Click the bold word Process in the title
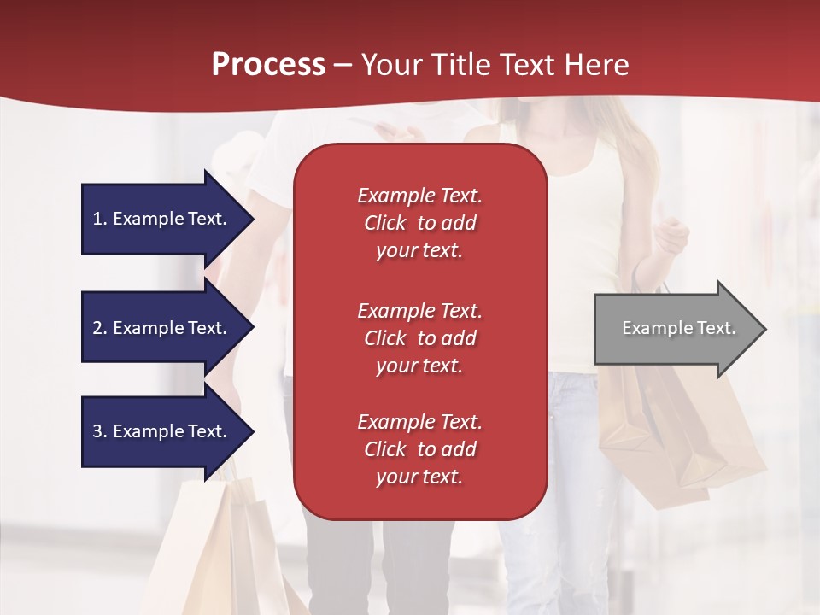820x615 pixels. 268,65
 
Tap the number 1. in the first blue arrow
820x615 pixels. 99,219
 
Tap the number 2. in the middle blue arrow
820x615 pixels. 99,328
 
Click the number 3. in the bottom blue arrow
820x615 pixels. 99,431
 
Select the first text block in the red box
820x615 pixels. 419,223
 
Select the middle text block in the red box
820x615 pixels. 419,338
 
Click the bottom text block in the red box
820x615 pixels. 419,449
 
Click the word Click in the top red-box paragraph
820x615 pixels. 385,223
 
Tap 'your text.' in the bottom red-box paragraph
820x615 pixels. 419,477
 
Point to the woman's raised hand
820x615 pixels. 672,236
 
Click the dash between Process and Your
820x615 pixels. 343,65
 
